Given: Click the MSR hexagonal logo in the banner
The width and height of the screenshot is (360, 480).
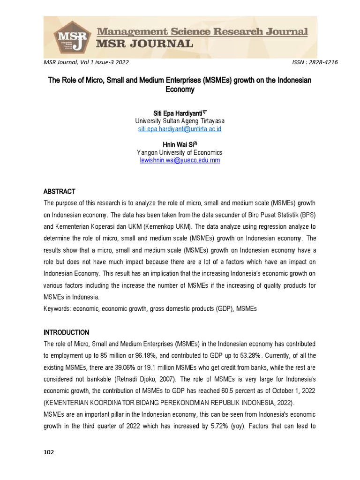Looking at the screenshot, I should pos(70,37).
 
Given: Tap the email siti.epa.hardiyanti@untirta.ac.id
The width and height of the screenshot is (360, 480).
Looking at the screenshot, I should pos(180,129).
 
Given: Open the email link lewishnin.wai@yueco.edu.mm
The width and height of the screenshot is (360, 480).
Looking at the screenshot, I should pos(180,160).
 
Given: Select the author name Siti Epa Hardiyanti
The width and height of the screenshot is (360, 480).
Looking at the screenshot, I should pos(178,113).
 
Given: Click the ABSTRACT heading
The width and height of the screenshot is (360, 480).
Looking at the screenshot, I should pos(60,192).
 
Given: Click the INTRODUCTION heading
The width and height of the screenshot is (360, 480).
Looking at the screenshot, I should pos(66,332).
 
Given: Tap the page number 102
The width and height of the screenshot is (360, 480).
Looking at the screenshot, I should pos(49,452).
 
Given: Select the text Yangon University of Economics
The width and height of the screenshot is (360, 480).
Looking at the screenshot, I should pos(180,153).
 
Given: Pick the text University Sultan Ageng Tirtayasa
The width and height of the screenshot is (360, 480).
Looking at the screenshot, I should pos(180,121).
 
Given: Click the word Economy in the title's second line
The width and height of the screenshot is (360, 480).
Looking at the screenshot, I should pos(180,89).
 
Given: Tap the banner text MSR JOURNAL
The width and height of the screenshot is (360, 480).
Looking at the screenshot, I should pos(144,45).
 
